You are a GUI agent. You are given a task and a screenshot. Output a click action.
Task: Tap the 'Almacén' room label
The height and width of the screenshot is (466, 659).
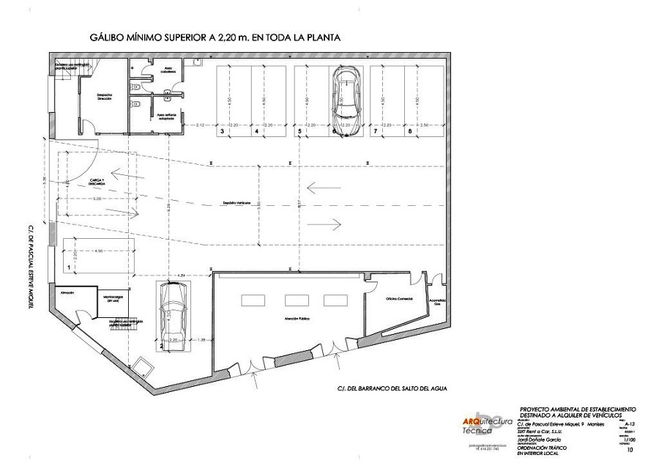(x=68, y=292)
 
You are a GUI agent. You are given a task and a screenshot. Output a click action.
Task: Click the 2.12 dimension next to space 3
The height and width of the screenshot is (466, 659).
(x=200, y=125)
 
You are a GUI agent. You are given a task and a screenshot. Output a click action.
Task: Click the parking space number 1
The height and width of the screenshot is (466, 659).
(x=68, y=268)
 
